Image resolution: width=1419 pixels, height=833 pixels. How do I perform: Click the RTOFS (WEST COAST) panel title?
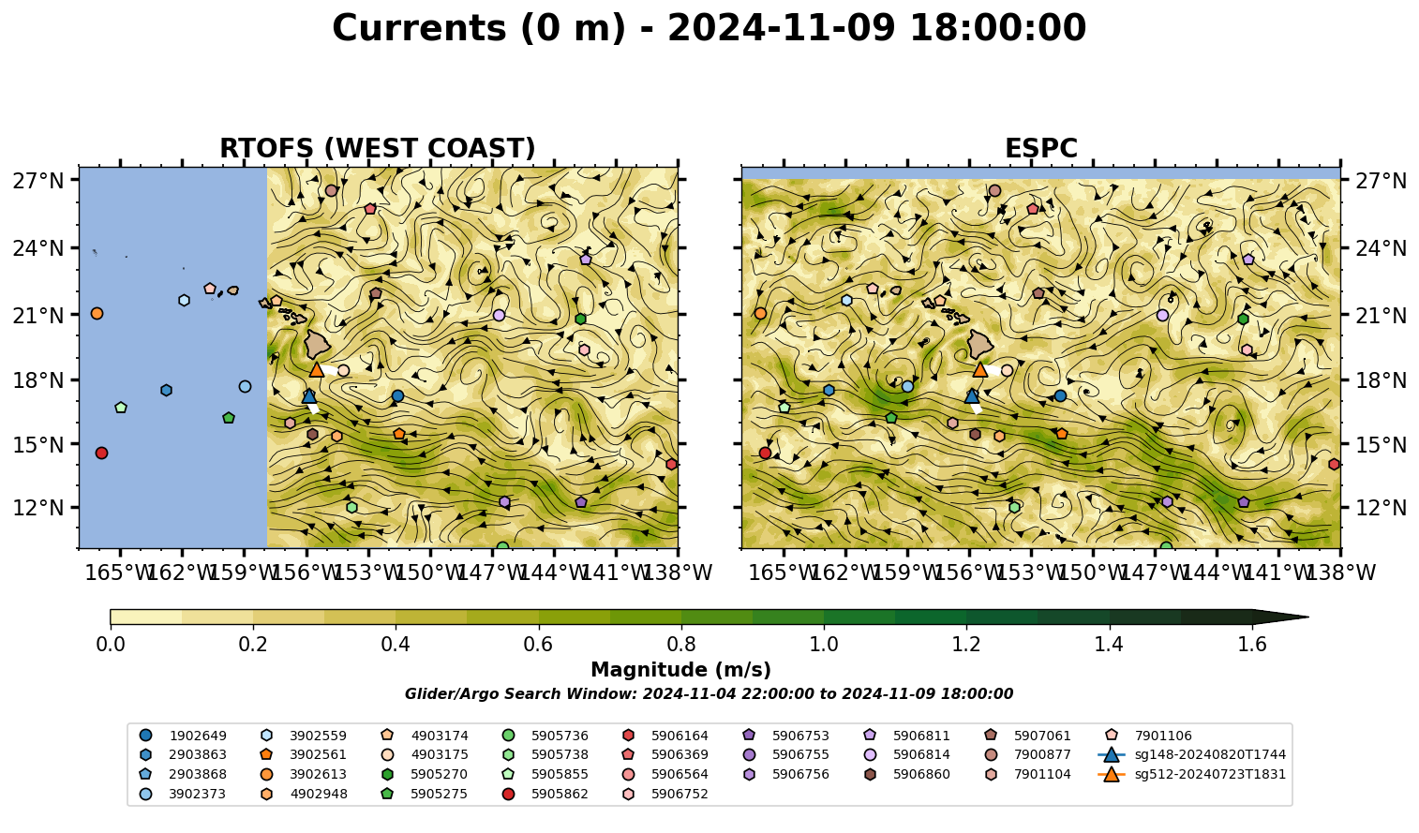point(378,148)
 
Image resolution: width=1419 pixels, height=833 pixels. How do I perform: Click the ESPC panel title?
point(1040,148)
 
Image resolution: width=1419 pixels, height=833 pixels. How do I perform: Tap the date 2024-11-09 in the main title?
point(781,28)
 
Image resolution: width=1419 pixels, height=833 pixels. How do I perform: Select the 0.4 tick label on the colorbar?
point(396,645)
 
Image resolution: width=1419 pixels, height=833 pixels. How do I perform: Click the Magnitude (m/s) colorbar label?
point(681,670)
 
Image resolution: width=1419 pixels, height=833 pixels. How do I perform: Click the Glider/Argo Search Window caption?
point(709,693)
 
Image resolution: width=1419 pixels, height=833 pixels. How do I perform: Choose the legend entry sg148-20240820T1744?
point(1191,754)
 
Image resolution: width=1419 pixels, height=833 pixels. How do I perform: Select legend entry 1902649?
point(183,736)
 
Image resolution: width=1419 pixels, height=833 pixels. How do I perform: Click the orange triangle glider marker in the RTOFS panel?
point(317,369)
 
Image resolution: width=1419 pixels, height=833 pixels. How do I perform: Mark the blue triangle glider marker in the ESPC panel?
point(972,396)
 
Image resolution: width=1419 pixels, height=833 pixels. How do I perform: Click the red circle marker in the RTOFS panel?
point(101,453)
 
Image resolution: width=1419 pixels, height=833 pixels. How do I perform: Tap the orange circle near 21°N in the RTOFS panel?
point(97,314)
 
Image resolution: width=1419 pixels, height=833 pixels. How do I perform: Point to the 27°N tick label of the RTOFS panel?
point(38,181)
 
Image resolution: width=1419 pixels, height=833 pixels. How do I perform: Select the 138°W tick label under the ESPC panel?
point(1341,573)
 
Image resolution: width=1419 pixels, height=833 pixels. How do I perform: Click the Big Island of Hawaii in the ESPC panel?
point(980,344)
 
